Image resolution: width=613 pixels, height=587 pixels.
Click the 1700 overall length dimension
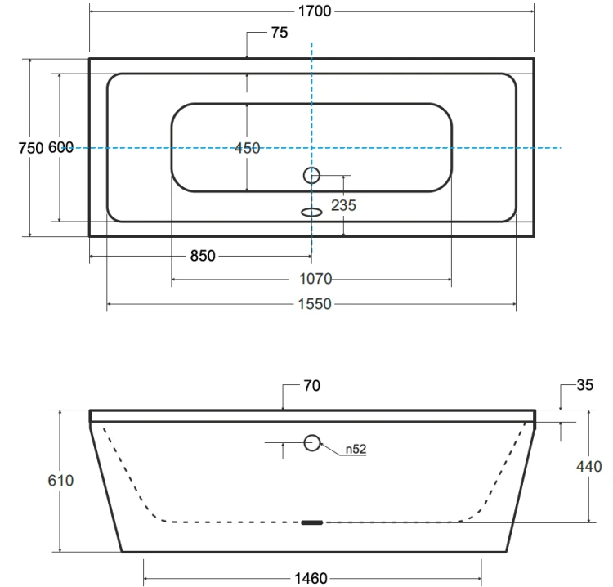point(315,11)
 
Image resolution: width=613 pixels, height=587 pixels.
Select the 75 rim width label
point(280,33)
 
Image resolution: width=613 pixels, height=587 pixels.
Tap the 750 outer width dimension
point(31,148)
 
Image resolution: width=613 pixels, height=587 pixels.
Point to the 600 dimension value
point(61,147)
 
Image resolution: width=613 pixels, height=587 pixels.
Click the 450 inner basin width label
point(247,148)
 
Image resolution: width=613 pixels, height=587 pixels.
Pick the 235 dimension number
point(343,205)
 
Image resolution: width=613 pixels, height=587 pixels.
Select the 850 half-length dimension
point(203,256)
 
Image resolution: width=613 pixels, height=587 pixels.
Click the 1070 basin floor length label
point(315,279)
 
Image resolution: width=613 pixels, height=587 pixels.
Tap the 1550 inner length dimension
point(315,304)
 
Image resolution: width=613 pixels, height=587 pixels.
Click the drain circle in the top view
point(311,175)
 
